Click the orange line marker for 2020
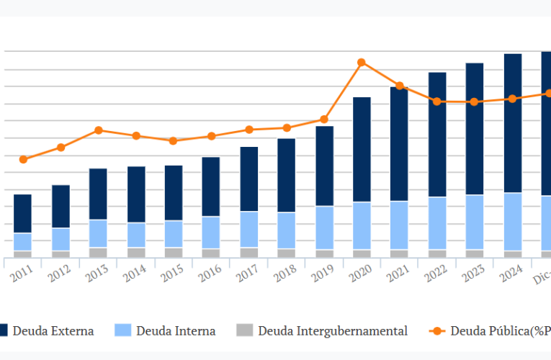tap(362, 63)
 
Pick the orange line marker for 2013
tap(98, 130)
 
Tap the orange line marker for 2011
tap(23, 159)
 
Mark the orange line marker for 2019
tap(324, 120)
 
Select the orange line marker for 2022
tap(437, 102)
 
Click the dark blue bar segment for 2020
tap(362, 149)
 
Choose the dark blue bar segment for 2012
tap(61, 207)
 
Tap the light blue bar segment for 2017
tap(248, 230)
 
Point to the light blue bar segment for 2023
tap(475, 222)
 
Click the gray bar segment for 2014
tap(136, 253)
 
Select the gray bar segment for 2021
tap(399, 253)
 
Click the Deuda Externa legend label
tap(53, 331)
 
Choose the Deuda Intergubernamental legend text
tap(333, 331)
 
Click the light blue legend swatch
tap(124, 331)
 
